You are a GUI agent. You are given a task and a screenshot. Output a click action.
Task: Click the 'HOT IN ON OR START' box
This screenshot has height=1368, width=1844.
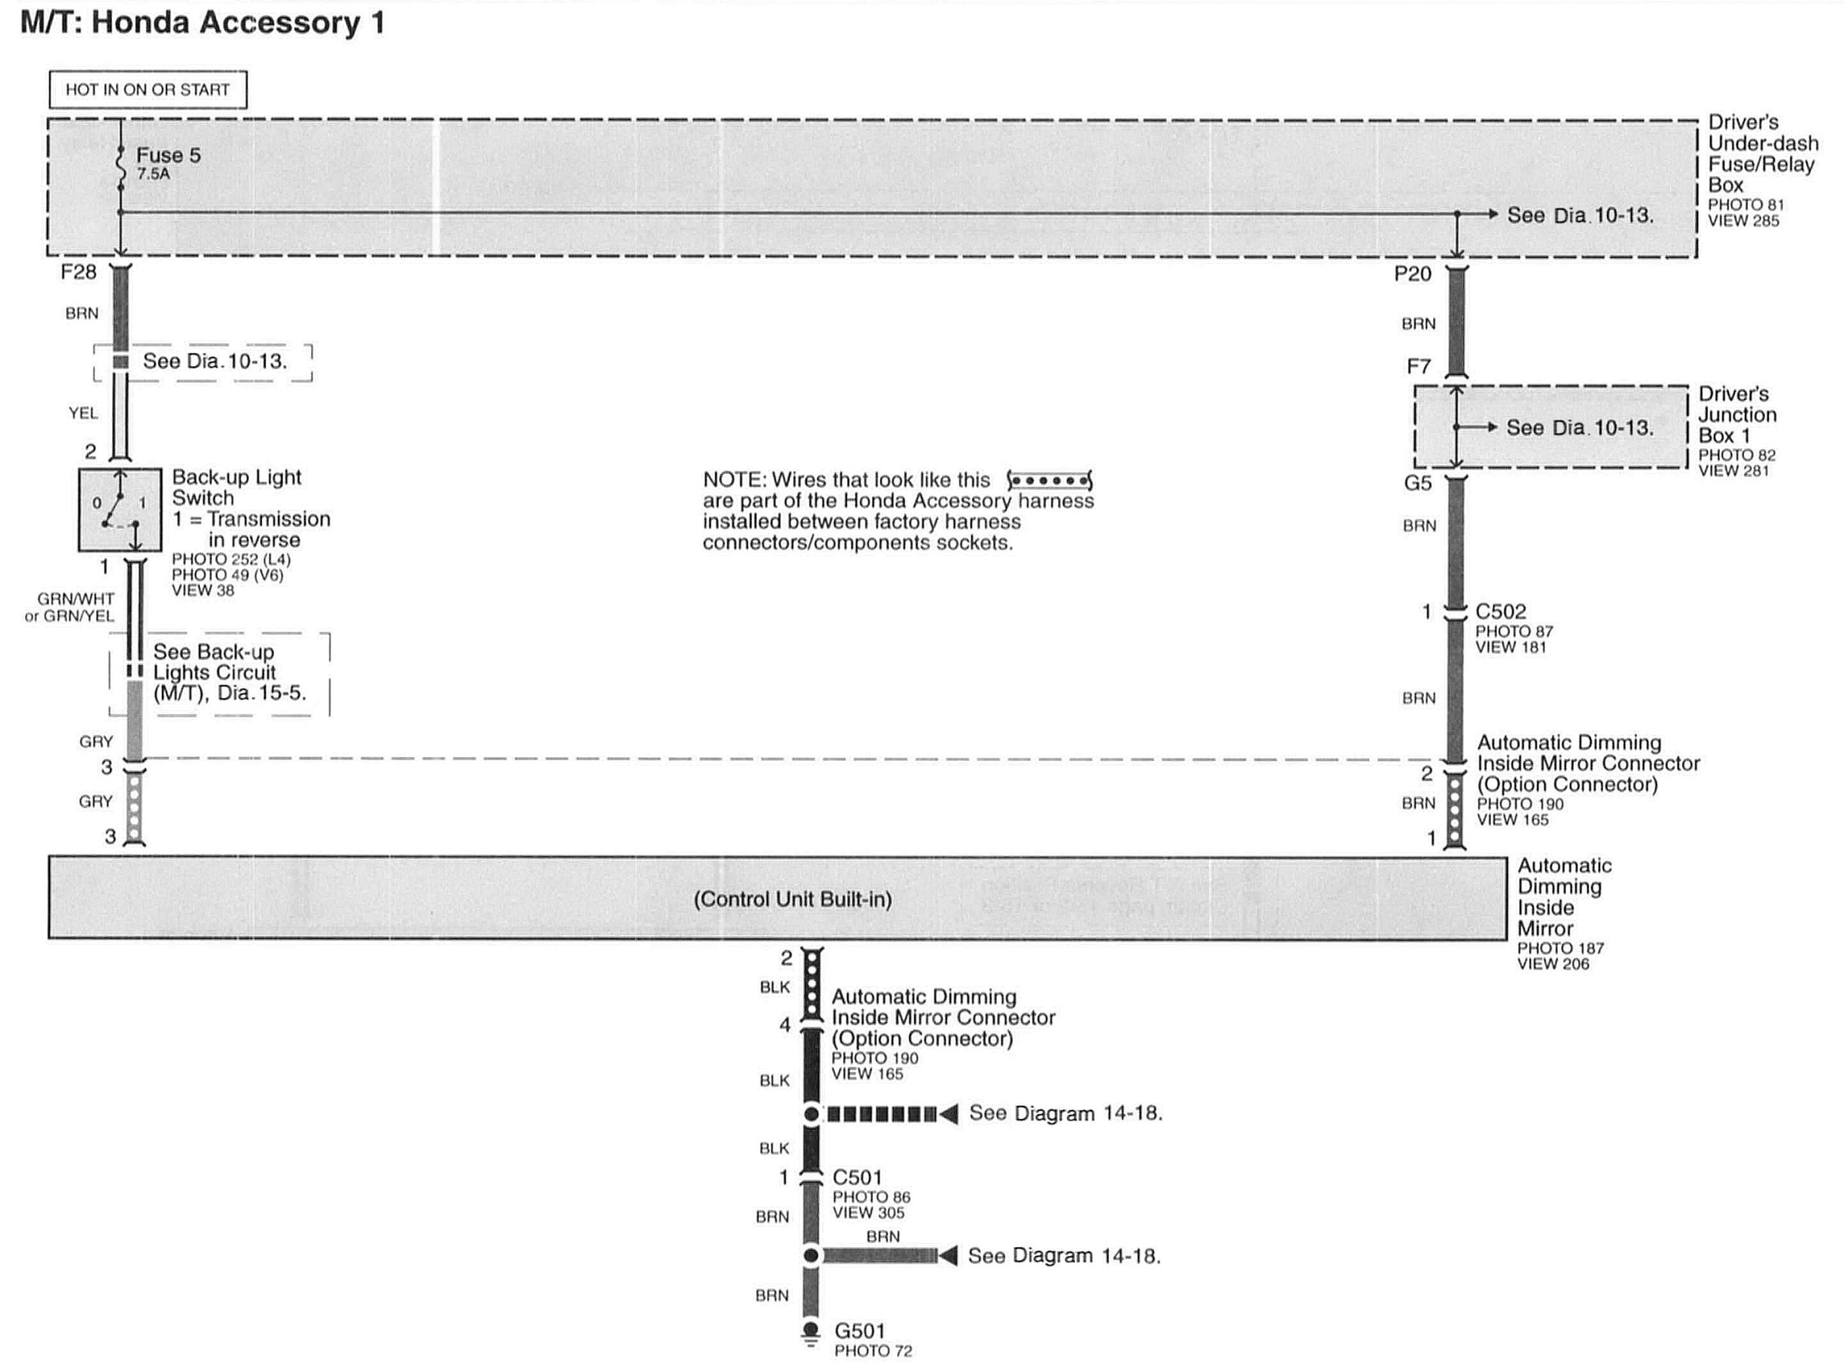click(x=148, y=89)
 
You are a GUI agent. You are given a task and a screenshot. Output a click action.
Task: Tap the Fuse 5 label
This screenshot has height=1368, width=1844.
click(x=168, y=155)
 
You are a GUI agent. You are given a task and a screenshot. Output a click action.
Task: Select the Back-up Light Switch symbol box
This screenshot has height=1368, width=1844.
click(x=120, y=509)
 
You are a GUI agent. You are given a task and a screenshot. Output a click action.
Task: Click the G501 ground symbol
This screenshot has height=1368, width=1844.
click(x=810, y=1331)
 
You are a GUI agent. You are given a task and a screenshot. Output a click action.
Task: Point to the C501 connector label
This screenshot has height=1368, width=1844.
click(x=857, y=1176)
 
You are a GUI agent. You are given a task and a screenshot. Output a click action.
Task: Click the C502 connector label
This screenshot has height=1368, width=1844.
click(x=1500, y=611)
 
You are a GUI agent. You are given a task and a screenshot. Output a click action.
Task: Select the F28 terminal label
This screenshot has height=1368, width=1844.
click(x=79, y=272)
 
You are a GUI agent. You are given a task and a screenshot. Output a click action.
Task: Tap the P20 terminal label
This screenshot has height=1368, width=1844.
click(x=1412, y=273)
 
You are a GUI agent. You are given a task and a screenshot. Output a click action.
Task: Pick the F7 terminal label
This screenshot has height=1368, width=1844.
click(x=1418, y=366)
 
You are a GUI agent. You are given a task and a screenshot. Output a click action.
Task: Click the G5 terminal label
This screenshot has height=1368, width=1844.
click(x=1417, y=483)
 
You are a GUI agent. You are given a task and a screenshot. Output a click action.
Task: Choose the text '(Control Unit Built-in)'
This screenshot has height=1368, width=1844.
click(x=793, y=899)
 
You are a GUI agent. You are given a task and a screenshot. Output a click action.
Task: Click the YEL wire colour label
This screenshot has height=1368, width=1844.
click(x=83, y=413)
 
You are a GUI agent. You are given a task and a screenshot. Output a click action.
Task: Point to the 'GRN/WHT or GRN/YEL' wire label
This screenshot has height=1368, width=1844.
click(x=70, y=607)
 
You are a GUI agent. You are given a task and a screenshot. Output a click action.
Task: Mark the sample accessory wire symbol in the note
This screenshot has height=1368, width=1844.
click(x=1049, y=480)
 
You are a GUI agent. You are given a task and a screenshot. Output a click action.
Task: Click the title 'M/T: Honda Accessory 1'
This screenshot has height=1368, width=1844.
click(x=202, y=23)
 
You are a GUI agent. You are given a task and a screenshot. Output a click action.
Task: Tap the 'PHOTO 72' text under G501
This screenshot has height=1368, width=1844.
click(x=873, y=1351)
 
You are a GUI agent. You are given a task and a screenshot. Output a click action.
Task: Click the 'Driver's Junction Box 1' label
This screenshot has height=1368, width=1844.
click(x=1737, y=414)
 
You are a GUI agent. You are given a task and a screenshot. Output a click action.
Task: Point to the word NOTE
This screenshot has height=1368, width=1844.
click(x=734, y=480)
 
